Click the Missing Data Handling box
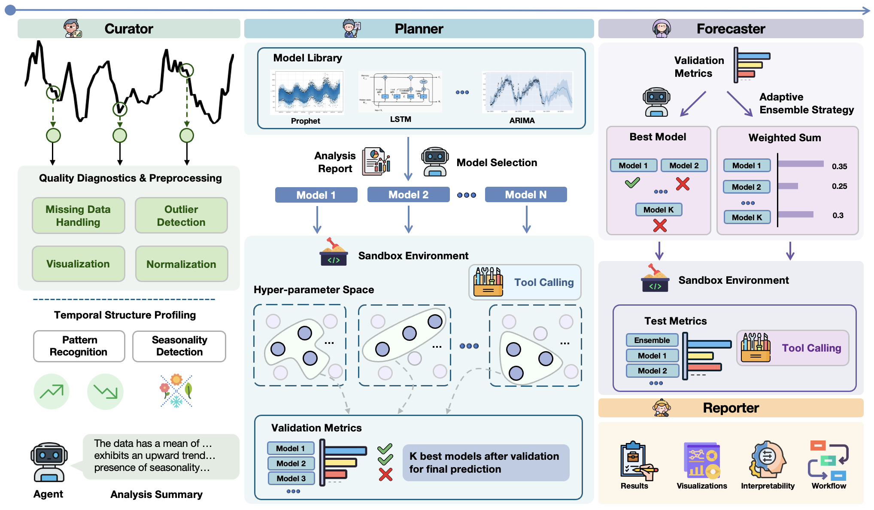[79, 216]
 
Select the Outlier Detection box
[181, 216]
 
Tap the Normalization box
[181, 264]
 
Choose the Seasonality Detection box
[179, 346]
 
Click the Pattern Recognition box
[79, 346]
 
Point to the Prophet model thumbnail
[307, 93]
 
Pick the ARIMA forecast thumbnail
[528, 92]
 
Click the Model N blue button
[526, 195]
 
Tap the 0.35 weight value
[839, 167]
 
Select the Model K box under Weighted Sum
[747, 217]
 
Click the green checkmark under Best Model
[632, 183]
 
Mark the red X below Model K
[660, 225]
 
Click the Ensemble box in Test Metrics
[652, 340]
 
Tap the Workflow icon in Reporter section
[828, 460]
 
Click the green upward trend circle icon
[52, 392]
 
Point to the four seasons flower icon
[176, 391]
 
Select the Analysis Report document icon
[376, 162]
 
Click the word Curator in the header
[129, 29]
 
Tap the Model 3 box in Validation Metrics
[291, 478]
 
